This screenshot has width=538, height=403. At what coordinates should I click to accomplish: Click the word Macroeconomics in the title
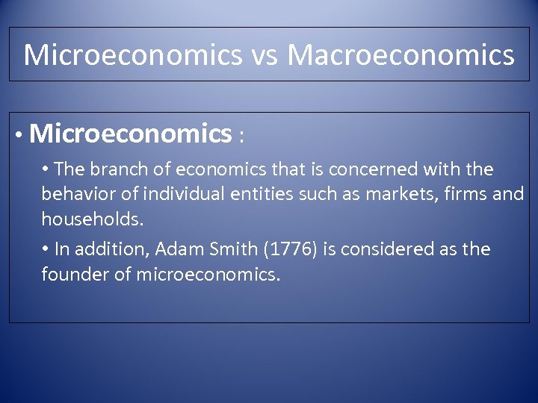tap(401, 55)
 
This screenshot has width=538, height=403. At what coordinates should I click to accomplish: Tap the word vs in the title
tap(265, 55)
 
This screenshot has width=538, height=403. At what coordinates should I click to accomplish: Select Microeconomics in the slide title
tap(133, 55)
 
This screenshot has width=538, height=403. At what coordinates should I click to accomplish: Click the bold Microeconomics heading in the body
tap(132, 134)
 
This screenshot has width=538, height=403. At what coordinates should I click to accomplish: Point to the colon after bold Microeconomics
tap(241, 137)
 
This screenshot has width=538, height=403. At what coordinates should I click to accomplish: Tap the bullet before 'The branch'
tap(46, 170)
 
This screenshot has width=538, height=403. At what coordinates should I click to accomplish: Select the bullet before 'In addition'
tap(46, 249)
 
